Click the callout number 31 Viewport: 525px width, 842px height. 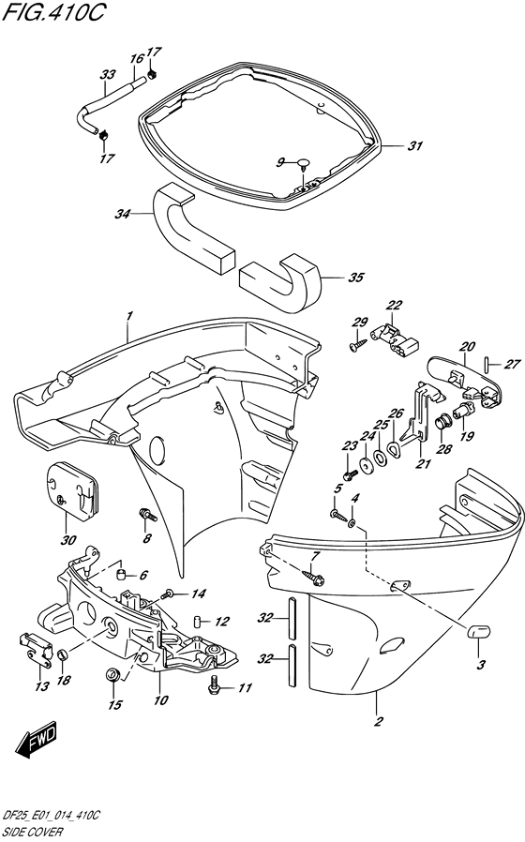click(x=414, y=146)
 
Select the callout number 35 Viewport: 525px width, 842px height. click(x=356, y=278)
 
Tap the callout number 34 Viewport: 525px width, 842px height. click(x=123, y=215)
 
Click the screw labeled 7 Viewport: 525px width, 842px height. click(x=313, y=578)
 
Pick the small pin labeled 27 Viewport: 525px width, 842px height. click(x=487, y=364)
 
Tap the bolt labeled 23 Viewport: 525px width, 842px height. click(x=350, y=474)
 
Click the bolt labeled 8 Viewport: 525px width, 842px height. click(x=148, y=514)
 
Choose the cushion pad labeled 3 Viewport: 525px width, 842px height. click(x=476, y=632)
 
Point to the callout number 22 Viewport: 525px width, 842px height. click(x=394, y=306)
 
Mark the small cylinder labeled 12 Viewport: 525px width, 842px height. click(x=197, y=622)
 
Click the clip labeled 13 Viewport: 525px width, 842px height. click(x=36, y=649)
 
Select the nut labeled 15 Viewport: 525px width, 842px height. click(x=112, y=674)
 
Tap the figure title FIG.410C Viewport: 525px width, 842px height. click(x=52, y=13)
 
